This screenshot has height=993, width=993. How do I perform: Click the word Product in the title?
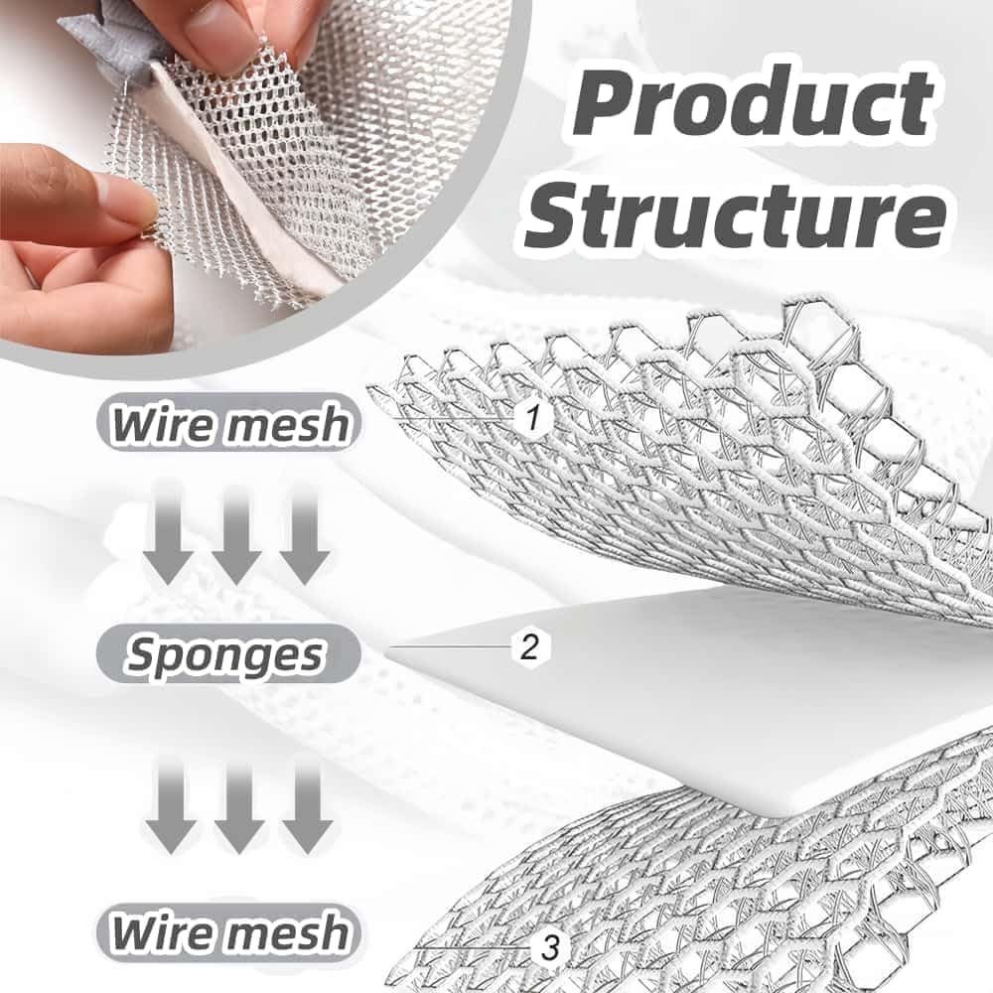pos(753,102)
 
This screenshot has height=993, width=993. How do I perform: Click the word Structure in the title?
pos(736,214)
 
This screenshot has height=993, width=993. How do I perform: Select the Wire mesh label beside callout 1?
pos(229,423)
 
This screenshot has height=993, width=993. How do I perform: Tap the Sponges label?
pos(228,653)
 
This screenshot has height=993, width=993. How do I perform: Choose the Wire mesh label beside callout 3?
pos(229,932)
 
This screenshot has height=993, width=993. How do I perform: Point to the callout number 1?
pos(532,418)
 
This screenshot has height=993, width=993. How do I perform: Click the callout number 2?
pos(529,646)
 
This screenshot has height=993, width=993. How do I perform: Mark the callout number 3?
pos(548,948)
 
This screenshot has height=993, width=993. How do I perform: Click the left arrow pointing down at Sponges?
pos(170,532)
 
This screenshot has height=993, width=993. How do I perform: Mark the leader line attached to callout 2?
pos(451,646)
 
